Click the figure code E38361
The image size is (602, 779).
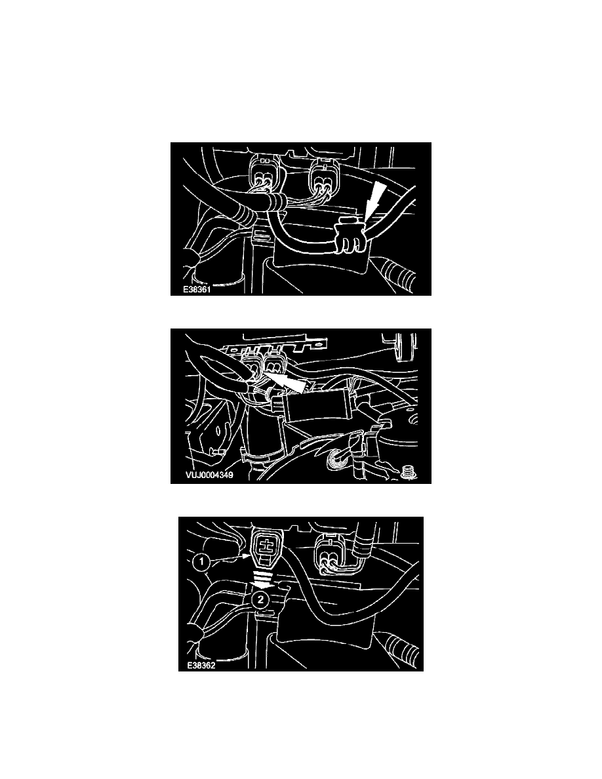coord(197,289)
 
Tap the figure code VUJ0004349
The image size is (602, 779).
coord(209,475)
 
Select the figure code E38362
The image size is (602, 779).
coord(201,665)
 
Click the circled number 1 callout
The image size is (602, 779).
coord(201,563)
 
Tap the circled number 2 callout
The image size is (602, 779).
coord(260,599)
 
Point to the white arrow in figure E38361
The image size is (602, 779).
coord(372,199)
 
